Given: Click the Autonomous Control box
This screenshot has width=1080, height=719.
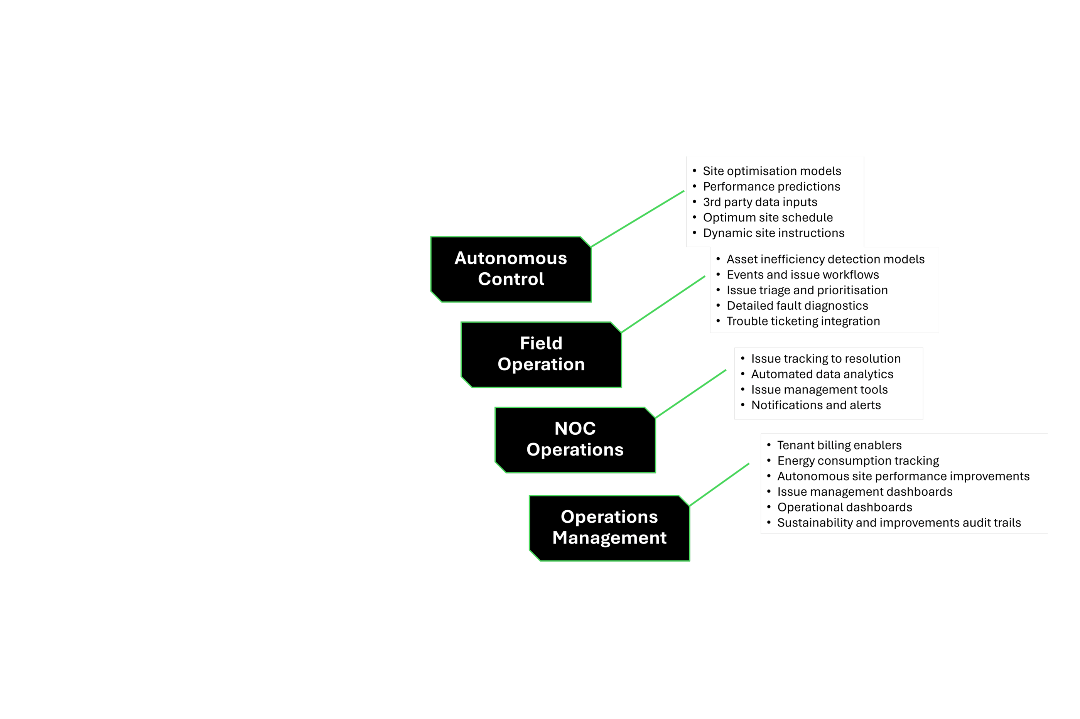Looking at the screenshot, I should (x=511, y=269).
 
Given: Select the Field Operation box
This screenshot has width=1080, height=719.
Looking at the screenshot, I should (x=541, y=354).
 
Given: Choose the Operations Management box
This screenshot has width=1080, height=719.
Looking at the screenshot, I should (x=609, y=527).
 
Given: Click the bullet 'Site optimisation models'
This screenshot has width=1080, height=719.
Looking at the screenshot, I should (x=772, y=171).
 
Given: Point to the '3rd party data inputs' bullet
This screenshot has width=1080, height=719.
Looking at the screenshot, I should (x=760, y=202).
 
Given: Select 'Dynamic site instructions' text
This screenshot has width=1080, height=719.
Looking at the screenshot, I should (x=773, y=233).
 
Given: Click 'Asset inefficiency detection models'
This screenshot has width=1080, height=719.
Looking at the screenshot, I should (x=825, y=260).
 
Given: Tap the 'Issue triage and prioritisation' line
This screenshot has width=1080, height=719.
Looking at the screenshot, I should (x=807, y=290).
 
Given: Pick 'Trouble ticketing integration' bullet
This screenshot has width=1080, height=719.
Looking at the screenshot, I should (x=803, y=321).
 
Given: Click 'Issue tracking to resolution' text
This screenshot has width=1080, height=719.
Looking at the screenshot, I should (x=825, y=359).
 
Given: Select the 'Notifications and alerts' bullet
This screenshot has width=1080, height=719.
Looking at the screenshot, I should (x=816, y=405).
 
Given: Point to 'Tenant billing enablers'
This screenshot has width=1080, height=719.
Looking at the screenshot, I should (x=839, y=445).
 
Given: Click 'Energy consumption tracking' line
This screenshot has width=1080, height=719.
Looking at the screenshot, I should (x=858, y=461).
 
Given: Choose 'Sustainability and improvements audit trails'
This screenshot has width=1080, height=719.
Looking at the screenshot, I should (x=899, y=523).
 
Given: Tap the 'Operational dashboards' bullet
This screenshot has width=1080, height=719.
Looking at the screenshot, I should (x=844, y=507).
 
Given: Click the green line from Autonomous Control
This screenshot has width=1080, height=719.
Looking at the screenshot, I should (x=638, y=219).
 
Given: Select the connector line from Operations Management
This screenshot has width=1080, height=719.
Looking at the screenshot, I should (x=719, y=485).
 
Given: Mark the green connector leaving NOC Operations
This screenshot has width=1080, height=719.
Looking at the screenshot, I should (x=691, y=394).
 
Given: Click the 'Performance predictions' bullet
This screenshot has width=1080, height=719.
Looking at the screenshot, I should (x=771, y=187).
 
